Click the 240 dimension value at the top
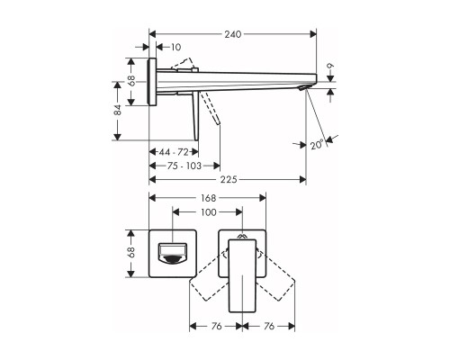pyautogui.click(x=233, y=34)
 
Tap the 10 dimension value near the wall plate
pyautogui.click(x=176, y=47)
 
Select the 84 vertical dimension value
pyautogui.click(x=118, y=110)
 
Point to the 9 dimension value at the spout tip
pyautogui.click(x=330, y=66)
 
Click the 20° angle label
pyautogui.click(x=317, y=145)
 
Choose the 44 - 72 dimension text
pyautogui.click(x=174, y=152)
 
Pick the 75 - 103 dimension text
pyautogui.click(x=184, y=166)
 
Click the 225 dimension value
pyautogui.click(x=229, y=179)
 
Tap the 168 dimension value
pyautogui.click(x=208, y=198)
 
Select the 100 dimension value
pyautogui.click(x=208, y=212)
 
